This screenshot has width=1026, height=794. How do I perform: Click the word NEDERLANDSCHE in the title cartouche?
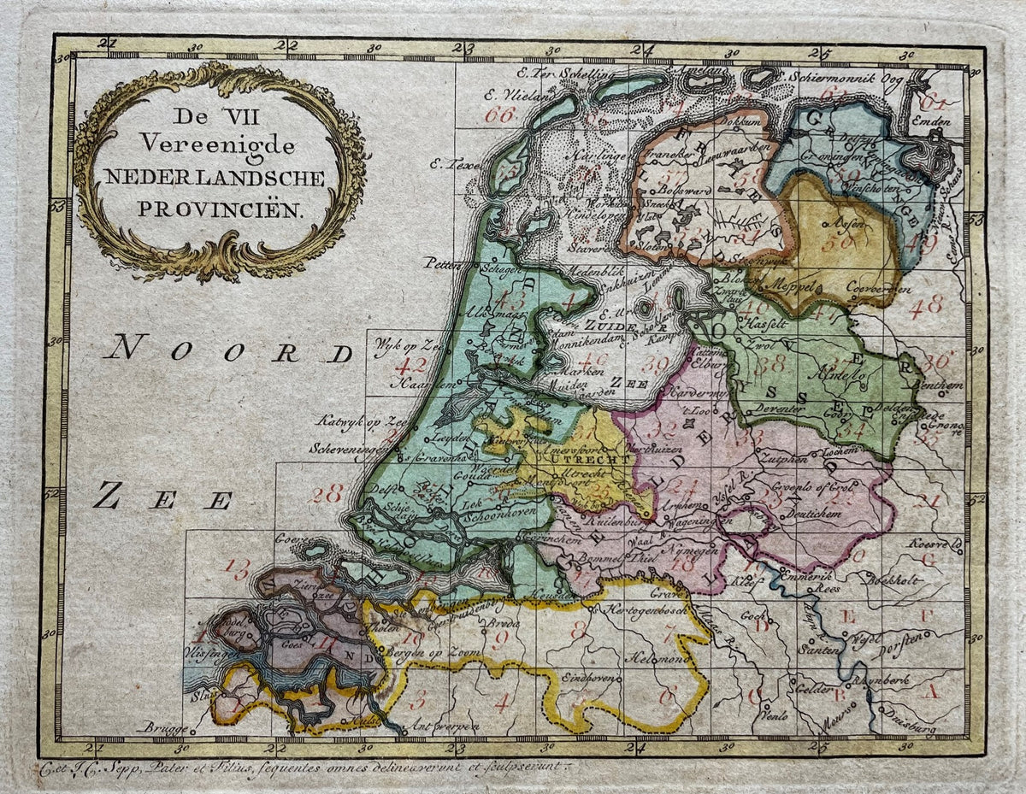pyautogui.click(x=215, y=178)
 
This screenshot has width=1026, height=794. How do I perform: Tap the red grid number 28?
pyautogui.click(x=327, y=493)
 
